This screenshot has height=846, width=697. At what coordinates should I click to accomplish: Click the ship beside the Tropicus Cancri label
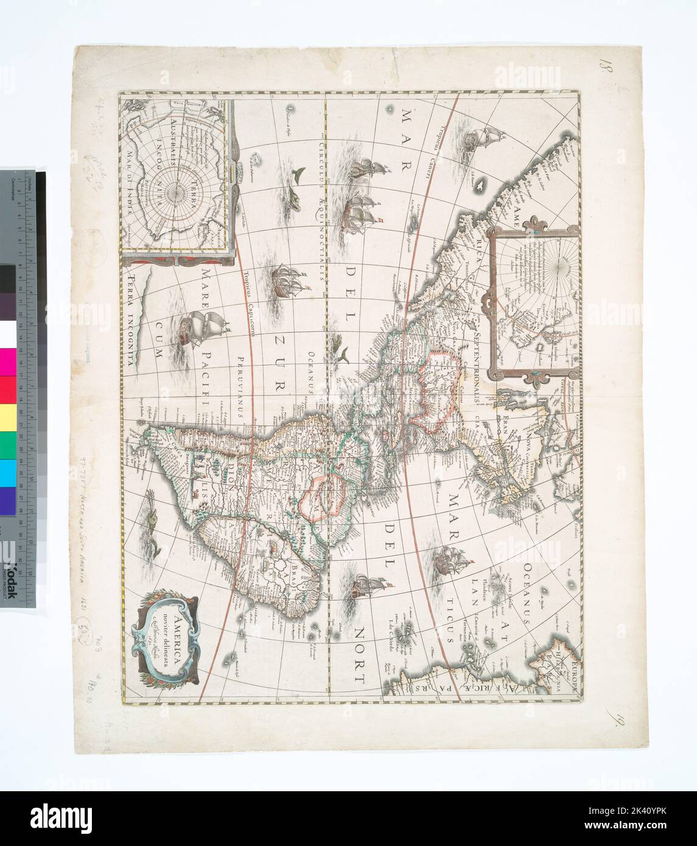pos(478,138)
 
